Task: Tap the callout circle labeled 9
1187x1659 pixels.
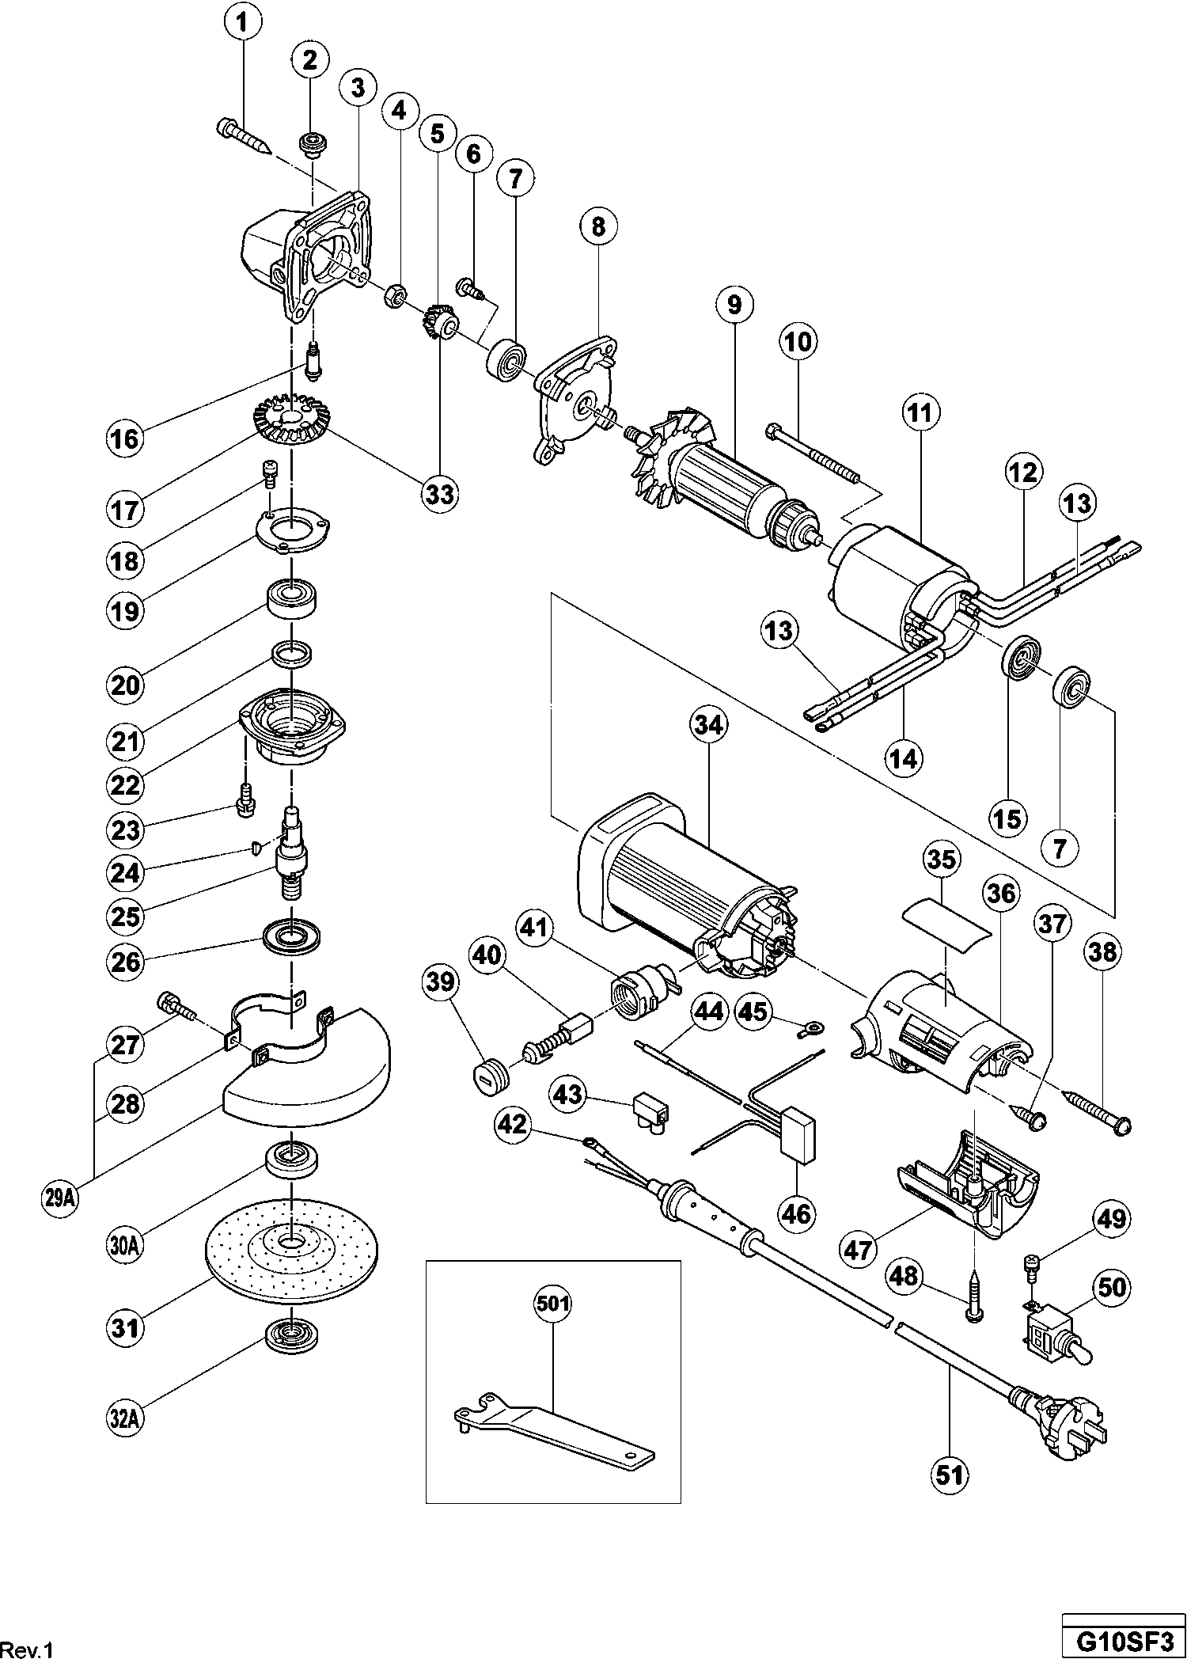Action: [x=735, y=306]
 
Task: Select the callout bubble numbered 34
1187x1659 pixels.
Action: [x=708, y=725]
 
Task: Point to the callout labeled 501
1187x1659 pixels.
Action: [x=553, y=1303]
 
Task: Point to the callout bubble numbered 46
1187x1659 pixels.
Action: [x=795, y=1213]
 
